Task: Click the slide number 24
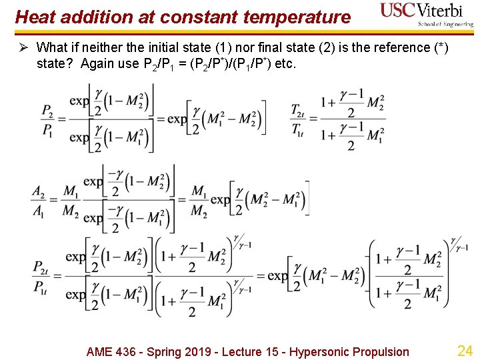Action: tap(464, 351)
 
